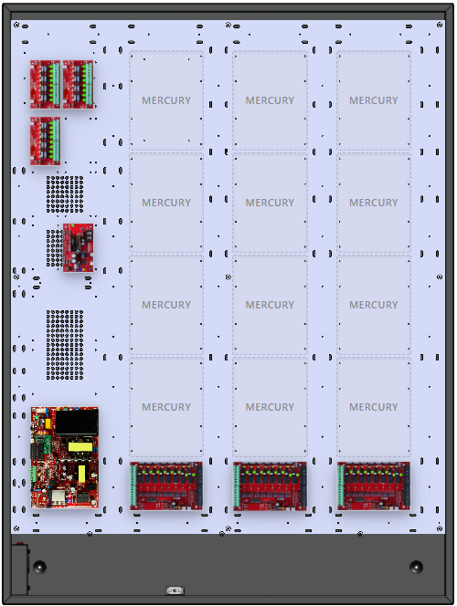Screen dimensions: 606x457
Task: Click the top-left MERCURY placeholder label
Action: pos(166,100)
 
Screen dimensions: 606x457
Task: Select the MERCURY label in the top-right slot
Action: pos(373,100)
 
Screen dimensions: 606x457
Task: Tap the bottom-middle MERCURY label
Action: pos(270,407)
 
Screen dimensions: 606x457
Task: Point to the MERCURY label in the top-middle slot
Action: pos(270,100)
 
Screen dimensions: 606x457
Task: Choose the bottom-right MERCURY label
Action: pos(373,407)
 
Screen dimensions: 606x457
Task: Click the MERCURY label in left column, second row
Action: pos(166,203)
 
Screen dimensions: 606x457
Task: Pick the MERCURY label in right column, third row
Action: pos(373,305)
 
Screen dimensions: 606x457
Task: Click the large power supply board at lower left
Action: pos(64,458)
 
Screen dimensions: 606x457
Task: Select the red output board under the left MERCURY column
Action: pos(166,486)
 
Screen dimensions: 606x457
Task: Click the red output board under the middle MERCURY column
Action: pos(270,486)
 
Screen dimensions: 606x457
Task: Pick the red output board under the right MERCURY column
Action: pos(373,486)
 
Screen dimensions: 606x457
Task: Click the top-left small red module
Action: pos(45,84)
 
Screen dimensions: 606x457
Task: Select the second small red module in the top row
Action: pos(78,84)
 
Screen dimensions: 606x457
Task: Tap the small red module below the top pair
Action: pos(45,140)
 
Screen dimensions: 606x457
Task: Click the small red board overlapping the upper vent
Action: pos(78,246)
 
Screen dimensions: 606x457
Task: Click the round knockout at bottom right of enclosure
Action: pos(417,567)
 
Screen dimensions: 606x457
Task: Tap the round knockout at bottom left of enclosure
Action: pos(39,567)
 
